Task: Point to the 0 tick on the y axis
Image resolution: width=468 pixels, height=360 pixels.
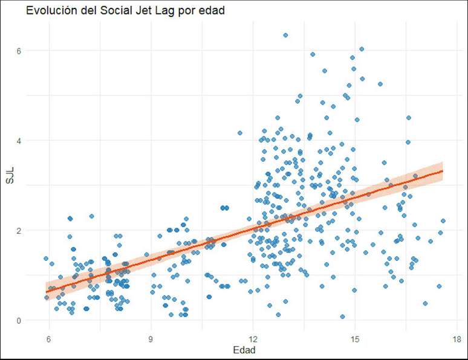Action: click(x=28, y=320)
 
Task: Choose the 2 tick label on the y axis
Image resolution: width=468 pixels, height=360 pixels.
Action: click(x=28, y=230)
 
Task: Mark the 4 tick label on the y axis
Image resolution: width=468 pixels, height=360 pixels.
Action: click(x=28, y=140)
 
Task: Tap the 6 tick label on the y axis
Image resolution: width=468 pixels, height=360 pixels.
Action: click(x=28, y=50)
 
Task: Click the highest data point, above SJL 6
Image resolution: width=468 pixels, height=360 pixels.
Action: click(x=285, y=35)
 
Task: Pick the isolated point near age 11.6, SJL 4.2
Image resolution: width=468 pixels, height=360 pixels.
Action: click(x=240, y=133)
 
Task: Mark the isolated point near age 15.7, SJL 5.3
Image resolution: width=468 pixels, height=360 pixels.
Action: click(x=380, y=84)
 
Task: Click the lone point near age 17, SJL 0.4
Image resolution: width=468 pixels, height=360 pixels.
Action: click(x=425, y=303)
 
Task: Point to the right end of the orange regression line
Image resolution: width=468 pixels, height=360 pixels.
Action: click(x=443, y=171)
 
